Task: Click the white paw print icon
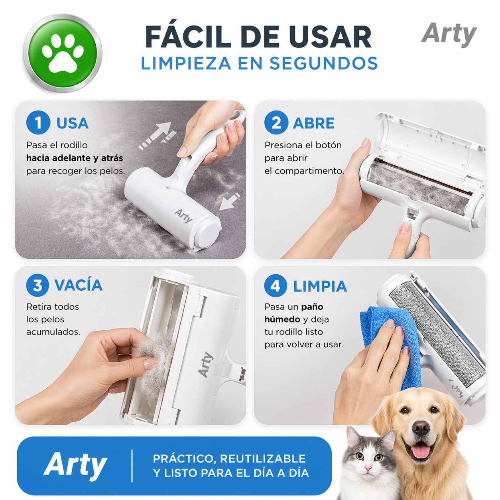[63, 53]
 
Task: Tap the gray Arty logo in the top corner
[449, 35]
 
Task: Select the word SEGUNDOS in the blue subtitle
[323, 63]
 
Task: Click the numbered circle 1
[38, 122]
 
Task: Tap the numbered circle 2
[276, 122]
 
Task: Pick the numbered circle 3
[37, 285]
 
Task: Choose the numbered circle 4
[276, 285]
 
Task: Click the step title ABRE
[313, 123]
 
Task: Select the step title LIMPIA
[320, 286]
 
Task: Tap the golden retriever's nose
[421, 429]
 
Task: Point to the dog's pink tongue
[420, 451]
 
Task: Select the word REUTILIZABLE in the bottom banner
[263, 459]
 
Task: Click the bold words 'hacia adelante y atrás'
[75, 158]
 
